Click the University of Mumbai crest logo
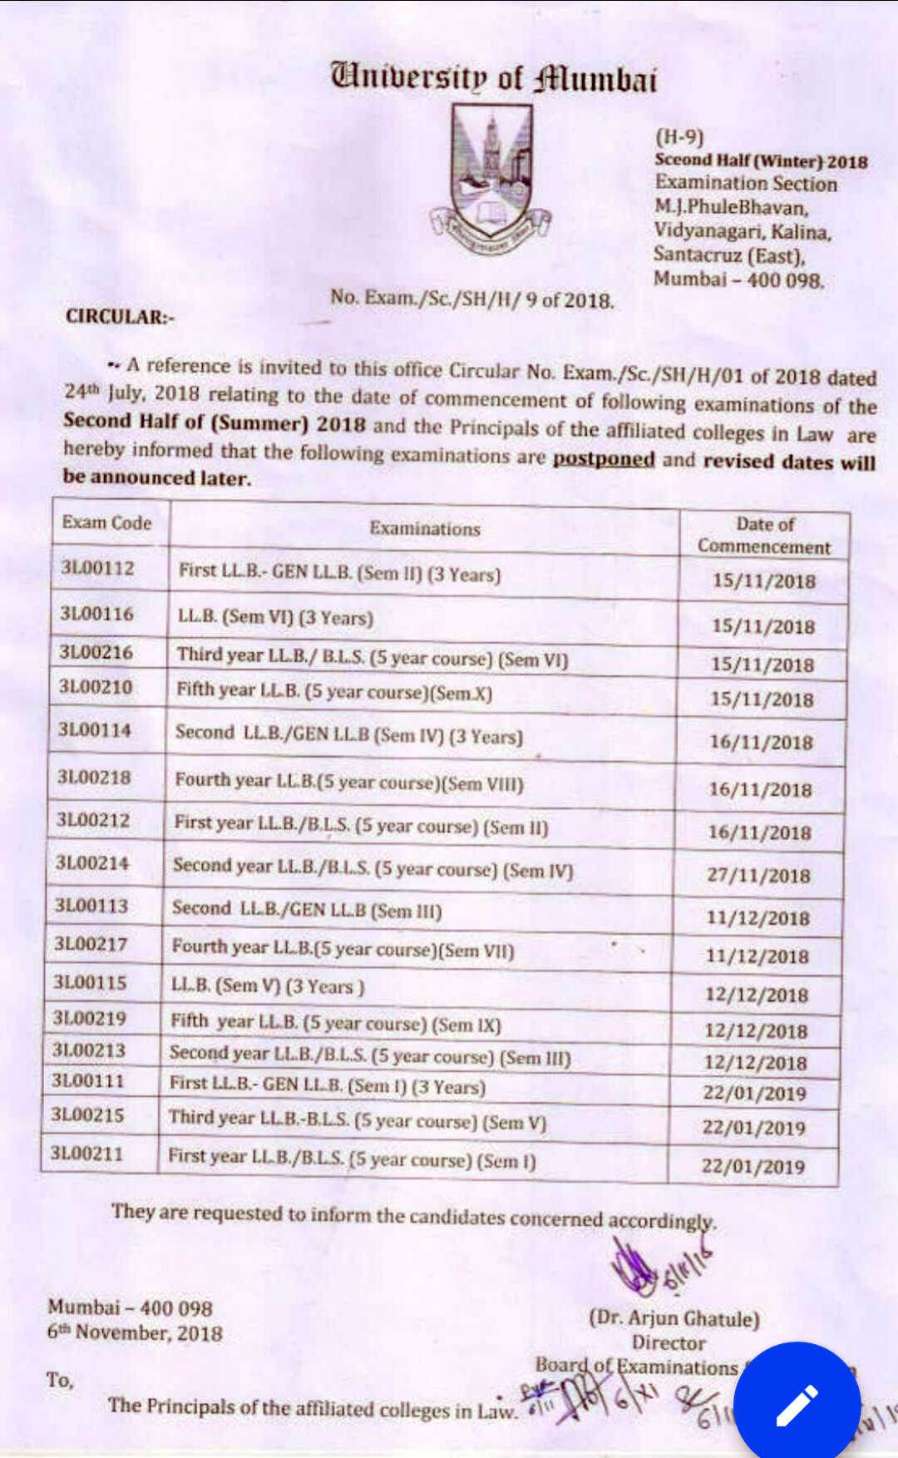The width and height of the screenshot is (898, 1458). [x=491, y=180]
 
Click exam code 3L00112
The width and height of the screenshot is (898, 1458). [x=97, y=568]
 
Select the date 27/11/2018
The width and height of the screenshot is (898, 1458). [x=758, y=875]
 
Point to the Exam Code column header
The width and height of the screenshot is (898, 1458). [x=106, y=522]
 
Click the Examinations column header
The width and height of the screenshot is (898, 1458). [x=425, y=528]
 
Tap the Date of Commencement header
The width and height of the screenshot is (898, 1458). [x=764, y=535]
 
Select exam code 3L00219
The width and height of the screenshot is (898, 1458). [x=90, y=1018]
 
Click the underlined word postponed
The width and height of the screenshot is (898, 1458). [x=604, y=458]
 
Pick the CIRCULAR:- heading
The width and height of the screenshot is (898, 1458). [x=120, y=317]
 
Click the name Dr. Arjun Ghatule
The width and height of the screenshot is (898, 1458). [x=674, y=1318]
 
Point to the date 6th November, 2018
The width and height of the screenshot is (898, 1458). [x=135, y=1332]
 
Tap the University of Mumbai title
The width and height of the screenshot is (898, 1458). [x=494, y=78]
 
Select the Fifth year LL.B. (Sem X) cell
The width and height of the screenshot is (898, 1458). [x=334, y=692]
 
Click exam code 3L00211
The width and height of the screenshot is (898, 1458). [x=86, y=1154]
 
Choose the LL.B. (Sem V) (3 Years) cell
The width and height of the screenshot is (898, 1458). [x=268, y=986]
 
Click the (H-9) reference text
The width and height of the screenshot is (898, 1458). [x=679, y=136]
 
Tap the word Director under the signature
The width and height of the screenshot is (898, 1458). [x=669, y=1342]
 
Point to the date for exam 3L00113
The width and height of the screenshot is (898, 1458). [x=757, y=918]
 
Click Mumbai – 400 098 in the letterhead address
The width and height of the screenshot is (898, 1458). [x=738, y=279]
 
